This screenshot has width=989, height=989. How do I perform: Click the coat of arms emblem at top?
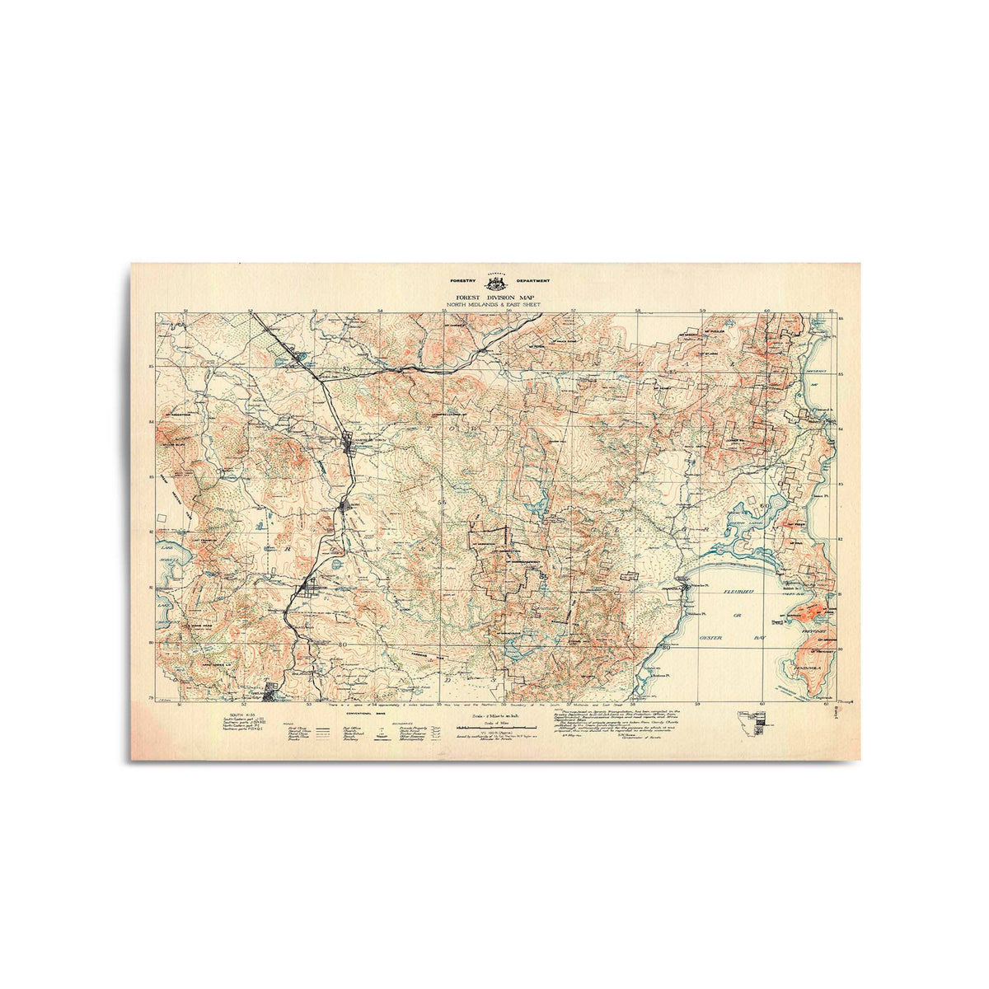494,282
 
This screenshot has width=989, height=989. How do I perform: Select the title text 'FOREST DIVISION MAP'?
494,298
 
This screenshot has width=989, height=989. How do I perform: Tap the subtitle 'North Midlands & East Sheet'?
494,305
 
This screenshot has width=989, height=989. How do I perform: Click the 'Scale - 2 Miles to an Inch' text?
491,715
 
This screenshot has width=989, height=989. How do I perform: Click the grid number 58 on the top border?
639,312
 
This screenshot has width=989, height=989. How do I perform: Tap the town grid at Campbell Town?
349,442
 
